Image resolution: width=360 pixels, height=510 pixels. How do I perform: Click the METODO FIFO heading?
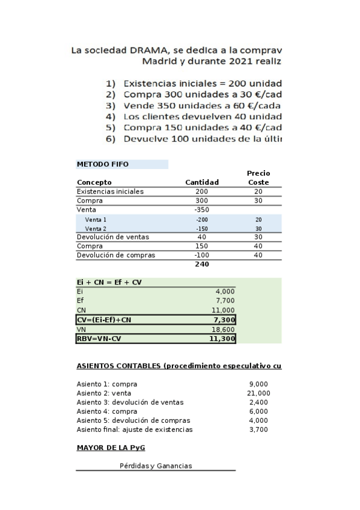pyautogui.click(x=103, y=164)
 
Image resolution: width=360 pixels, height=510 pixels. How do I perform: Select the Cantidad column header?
pyautogui.click(x=201, y=182)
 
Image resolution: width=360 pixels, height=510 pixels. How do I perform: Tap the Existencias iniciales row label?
pyautogui.click(x=110, y=191)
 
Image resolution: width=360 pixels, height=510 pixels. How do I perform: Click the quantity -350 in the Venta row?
pyautogui.click(x=201, y=209)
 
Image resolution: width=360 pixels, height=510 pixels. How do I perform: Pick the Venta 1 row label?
pyautogui.click(x=96, y=220)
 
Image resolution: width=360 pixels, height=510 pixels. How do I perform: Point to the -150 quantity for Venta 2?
pyautogui.click(x=201, y=229)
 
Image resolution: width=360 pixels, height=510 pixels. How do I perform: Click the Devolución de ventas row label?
pyautogui.click(x=113, y=237)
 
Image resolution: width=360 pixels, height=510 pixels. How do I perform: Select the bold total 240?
pyautogui.click(x=201, y=263)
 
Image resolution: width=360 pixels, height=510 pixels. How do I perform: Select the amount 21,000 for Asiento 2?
pyautogui.click(x=259, y=393)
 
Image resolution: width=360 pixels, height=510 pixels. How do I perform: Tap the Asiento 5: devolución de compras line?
pyautogui.click(x=133, y=420)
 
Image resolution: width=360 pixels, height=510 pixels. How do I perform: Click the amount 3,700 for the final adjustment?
pyautogui.click(x=259, y=429)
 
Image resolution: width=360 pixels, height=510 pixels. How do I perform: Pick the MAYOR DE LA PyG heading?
pyautogui.click(x=111, y=447)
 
